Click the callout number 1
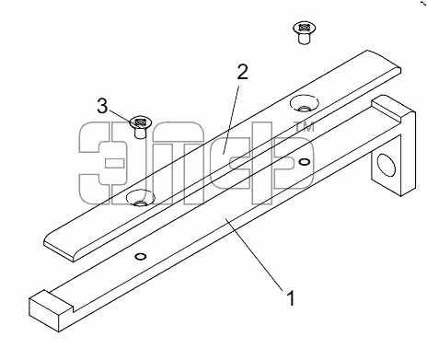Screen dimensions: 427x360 point(291,297)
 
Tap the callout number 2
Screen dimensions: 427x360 point(242,72)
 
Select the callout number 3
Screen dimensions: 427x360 point(102,106)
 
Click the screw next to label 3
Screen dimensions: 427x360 point(140,127)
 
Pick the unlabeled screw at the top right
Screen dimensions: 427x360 point(304,33)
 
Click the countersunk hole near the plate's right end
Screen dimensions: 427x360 point(304,103)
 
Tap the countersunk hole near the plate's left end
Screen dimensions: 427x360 point(141,198)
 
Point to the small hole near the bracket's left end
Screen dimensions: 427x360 point(141,256)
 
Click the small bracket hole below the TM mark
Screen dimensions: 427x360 point(304,161)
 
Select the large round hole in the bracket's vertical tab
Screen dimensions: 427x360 point(386,165)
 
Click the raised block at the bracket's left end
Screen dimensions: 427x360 point(51,310)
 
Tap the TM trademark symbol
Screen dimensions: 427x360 point(304,127)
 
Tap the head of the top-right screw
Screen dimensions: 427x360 point(305,29)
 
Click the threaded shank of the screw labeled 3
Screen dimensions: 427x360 point(140,134)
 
